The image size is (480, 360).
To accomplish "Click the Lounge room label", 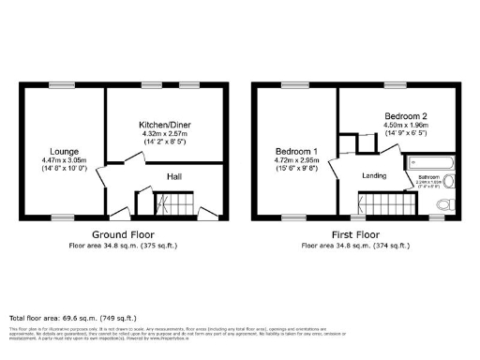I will coord(63,150).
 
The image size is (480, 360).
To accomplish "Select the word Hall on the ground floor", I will coord(174,176).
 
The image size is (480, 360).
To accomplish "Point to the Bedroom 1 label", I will coord(294,151).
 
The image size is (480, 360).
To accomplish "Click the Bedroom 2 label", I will coord(405,117).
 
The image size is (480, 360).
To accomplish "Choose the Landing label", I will coord(376,174).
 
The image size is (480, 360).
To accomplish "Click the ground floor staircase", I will coord(172,203).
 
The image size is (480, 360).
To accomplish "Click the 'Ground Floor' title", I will coord(123,234).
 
